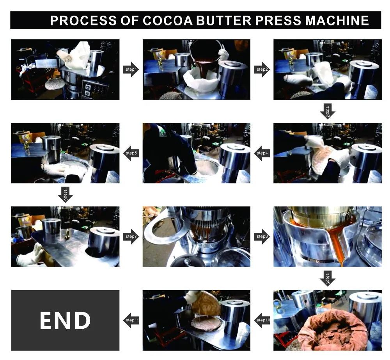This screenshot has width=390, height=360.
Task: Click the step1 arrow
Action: point(131,70)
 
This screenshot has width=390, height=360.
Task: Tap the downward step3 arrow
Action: point(328,111)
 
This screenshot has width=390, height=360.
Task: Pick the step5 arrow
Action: point(131,153)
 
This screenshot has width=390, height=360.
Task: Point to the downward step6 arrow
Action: point(65,194)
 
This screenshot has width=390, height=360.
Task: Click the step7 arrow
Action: point(131,236)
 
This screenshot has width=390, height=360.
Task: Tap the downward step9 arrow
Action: point(328,278)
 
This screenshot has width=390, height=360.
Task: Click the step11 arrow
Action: point(131,320)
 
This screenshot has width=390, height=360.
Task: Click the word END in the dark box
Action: point(65,320)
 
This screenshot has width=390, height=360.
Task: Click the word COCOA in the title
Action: point(167,20)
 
